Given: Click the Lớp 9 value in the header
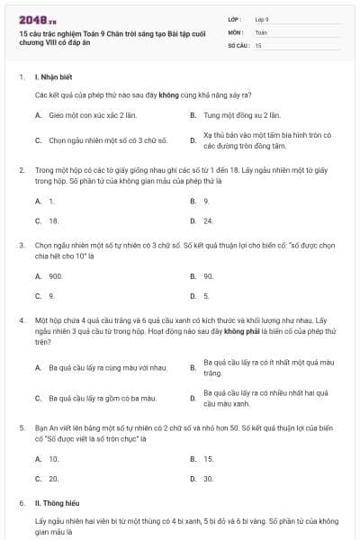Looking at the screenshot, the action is click(262, 18).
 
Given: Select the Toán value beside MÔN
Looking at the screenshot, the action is click(261, 31).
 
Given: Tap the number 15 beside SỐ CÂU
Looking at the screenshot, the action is click(258, 45).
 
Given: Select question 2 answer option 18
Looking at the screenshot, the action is click(53, 220).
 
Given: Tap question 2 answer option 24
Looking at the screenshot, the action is click(208, 220).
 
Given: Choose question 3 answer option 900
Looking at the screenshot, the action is click(55, 276).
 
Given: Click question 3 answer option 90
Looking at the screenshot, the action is click(208, 276).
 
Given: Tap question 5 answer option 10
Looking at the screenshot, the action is click(54, 459).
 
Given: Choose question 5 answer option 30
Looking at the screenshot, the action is click(208, 479).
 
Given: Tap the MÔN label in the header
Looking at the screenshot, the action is click(235, 31).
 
